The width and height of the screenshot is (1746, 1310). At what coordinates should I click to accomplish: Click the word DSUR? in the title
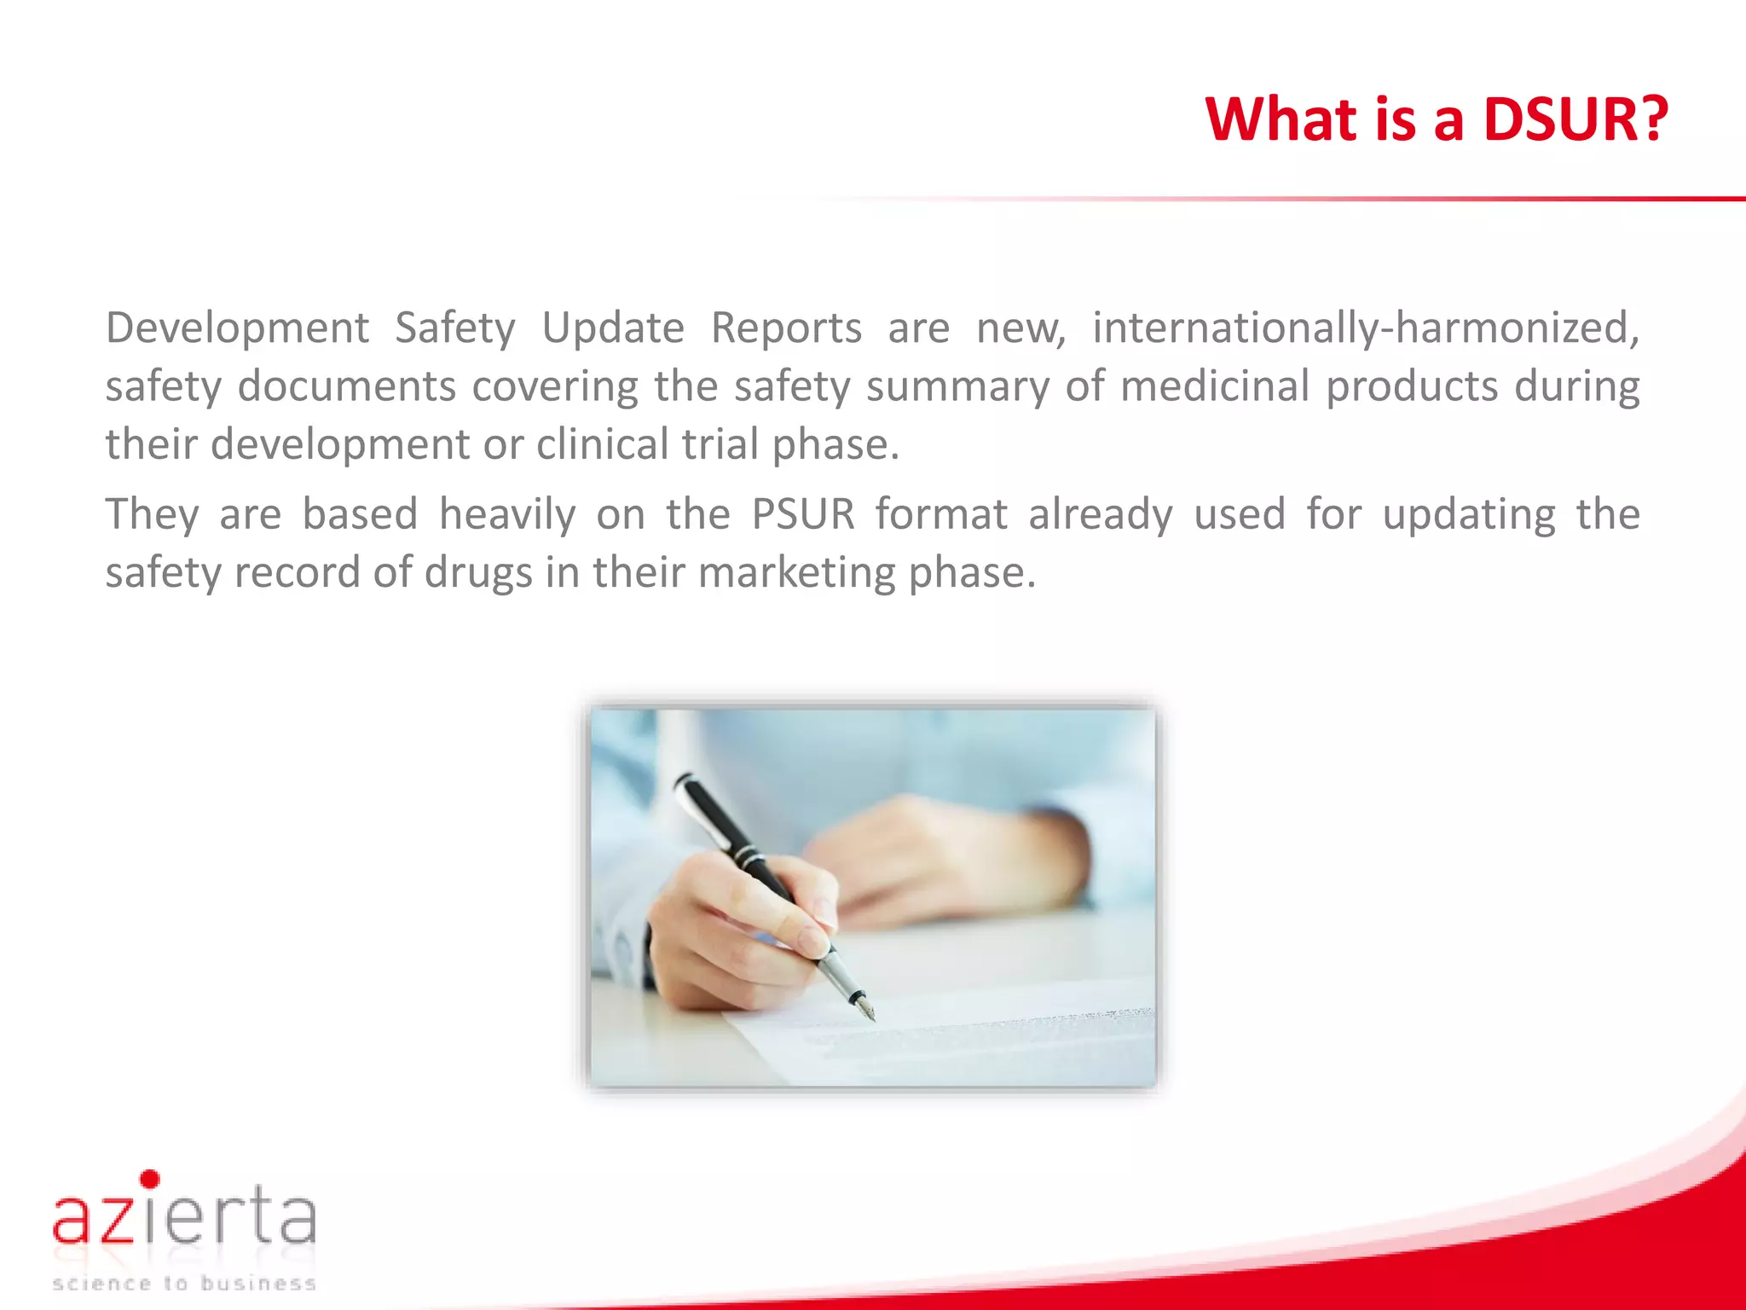1575,119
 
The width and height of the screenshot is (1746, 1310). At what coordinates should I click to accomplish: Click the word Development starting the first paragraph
237,328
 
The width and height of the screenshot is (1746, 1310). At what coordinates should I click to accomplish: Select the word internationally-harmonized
1365,328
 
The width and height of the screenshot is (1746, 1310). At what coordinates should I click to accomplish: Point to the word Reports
786,328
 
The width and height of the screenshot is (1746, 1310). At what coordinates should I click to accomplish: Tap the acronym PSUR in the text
802,514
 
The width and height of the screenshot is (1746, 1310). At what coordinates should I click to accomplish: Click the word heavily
507,514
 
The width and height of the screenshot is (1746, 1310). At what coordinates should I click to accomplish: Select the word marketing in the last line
796,572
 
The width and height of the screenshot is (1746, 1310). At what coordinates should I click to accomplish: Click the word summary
957,386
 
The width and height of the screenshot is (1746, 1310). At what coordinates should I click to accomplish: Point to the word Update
612,328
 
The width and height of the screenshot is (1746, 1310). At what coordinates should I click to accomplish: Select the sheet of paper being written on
980,1036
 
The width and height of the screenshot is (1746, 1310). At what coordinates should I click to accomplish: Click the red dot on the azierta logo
150,1180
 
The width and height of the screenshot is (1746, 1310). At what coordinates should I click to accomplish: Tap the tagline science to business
184,1284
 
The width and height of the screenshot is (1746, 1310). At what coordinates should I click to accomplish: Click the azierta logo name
184,1218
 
